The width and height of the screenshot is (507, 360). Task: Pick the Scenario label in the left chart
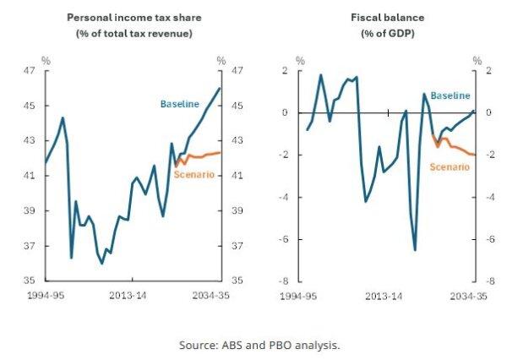pyautogui.click(x=194, y=174)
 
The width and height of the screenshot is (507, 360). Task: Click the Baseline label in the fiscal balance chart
pyautogui.click(x=450, y=95)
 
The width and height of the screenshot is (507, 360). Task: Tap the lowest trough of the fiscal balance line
pyautogui.click(x=415, y=250)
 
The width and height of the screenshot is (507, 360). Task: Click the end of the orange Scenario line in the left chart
pyautogui.click(x=221, y=153)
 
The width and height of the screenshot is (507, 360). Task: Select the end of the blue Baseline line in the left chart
pyautogui.click(x=220, y=88)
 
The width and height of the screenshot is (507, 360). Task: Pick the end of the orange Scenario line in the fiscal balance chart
pyautogui.click(x=475, y=155)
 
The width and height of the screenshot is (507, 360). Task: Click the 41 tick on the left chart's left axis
pyautogui.click(x=29, y=176)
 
